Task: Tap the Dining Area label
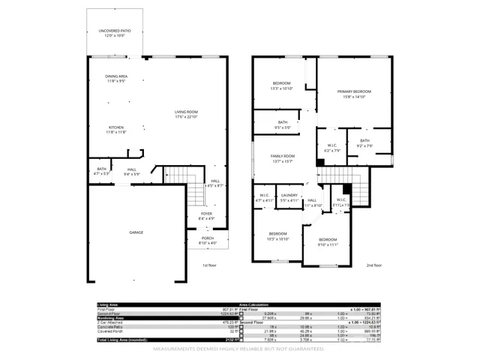[115, 78]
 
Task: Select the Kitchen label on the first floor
[115, 127]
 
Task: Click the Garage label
[137, 232]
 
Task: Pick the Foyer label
[205, 214]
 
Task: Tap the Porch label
[207, 239]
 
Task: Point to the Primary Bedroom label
[354, 91]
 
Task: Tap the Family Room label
[283, 156]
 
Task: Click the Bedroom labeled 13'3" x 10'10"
[281, 83]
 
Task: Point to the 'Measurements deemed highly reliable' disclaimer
[239, 349]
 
